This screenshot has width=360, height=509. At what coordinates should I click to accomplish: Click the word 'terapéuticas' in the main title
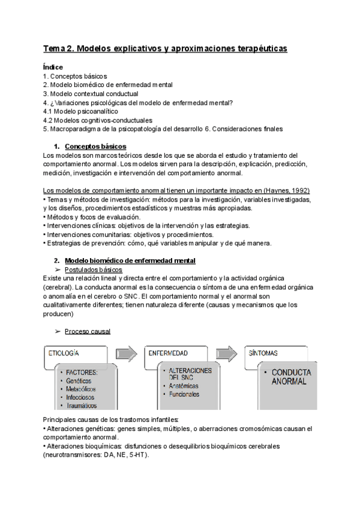257,47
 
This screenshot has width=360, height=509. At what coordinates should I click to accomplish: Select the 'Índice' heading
53,67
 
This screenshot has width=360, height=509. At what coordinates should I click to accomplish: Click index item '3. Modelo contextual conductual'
91,94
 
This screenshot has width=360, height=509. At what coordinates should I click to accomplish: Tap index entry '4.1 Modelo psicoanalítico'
81,111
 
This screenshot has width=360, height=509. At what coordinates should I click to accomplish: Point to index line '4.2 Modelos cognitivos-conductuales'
98,120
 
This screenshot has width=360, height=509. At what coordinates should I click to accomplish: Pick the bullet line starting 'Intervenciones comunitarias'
128,234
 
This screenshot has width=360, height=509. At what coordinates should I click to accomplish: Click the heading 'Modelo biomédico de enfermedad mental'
130,261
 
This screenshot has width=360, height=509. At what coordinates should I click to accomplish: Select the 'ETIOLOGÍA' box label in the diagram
64,354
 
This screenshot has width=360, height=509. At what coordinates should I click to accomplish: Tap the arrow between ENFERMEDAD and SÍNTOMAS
227,354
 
